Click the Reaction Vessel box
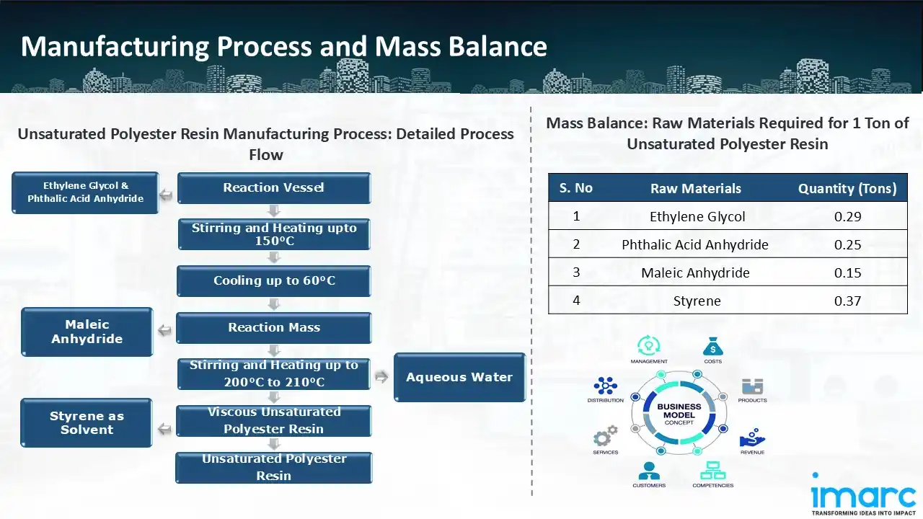[274, 188]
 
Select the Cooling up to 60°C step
[274, 281]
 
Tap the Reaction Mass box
[274, 328]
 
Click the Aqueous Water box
[459, 377]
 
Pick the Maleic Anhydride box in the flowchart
[87, 332]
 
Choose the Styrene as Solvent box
[87, 423]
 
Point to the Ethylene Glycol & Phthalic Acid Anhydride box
[85, 192]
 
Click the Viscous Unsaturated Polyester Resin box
[274, 421]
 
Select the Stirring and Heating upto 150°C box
[274, 234]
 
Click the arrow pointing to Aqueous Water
[381, 377]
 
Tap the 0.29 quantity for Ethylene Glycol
[847, 216]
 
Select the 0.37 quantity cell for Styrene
[847, 301]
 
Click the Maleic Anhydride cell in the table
[695, 272]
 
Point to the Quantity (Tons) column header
[847, 189]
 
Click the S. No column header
[575, 188]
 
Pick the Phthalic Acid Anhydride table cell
[695, 244]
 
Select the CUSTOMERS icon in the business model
[649, 471]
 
